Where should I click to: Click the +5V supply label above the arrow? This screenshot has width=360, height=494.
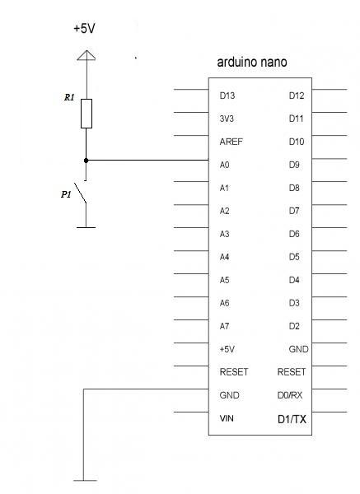(84, 28)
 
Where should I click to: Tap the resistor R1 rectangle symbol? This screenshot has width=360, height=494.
(86, 114)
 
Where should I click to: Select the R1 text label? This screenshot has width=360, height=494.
(69, 97)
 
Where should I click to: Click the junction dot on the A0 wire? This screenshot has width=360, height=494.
(86, 161)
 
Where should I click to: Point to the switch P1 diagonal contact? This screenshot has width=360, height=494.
(81, 193)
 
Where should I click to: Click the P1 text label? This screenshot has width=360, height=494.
(66, 194)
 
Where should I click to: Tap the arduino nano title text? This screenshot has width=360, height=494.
(252, 62)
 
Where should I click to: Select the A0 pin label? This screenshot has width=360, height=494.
(224, 165)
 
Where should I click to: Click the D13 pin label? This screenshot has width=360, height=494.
(227, 96)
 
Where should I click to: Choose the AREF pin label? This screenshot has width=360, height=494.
(231, 142)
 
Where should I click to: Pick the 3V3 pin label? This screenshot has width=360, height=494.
(227, 119)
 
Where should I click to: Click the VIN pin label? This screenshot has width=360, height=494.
(227, 418)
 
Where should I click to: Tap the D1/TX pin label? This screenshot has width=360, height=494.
(292, 419)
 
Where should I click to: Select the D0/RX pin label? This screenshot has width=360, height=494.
(290, 395)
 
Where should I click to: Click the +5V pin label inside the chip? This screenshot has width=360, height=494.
(227, 349)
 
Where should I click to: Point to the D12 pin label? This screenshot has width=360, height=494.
(297, 96)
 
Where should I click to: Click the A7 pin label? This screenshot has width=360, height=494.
(224, 326)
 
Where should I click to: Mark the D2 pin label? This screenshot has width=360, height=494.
(294, 326)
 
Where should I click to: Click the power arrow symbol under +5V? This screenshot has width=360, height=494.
(86, 55)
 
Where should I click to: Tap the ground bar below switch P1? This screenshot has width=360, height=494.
(86, 227)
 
